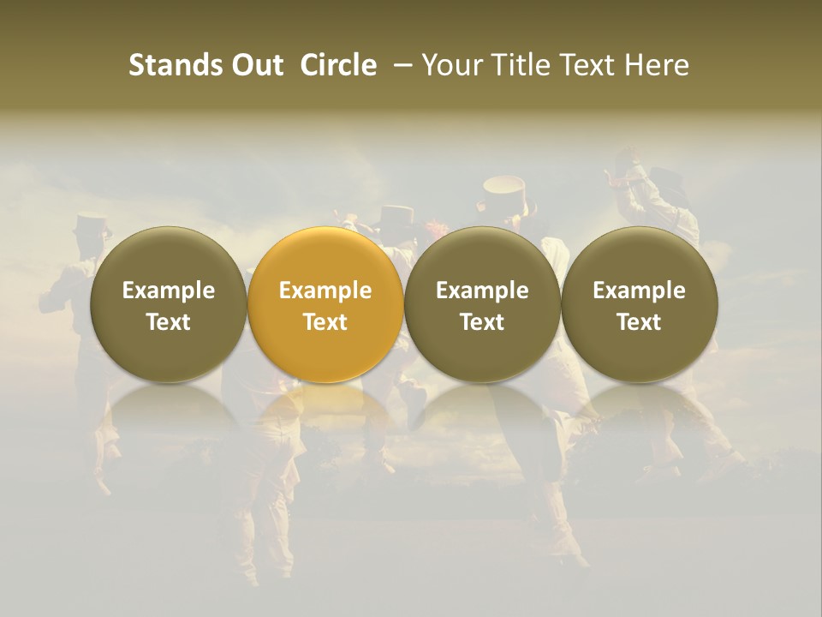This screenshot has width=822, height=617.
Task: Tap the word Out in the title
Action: pos(256,65)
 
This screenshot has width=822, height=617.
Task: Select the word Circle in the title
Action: pos(338,65)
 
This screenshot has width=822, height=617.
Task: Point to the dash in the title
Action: pos(399,65)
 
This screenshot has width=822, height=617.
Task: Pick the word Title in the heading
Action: pos(522,65)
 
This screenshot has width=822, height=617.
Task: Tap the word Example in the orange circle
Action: pos(325,291)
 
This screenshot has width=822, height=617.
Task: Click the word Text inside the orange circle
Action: pos(325,322)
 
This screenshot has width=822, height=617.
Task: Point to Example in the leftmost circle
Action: pos(169,291)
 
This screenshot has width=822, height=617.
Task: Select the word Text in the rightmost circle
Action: pos(640,322)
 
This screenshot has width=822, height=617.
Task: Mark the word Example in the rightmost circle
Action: pos(640,291)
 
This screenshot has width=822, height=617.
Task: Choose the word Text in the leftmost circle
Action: pos(169,322)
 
